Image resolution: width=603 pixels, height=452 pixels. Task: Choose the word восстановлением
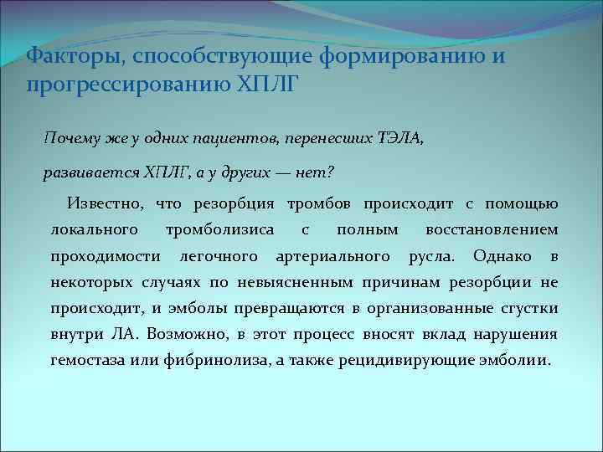point(492,229)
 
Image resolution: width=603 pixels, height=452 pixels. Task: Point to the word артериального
point(332,254)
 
